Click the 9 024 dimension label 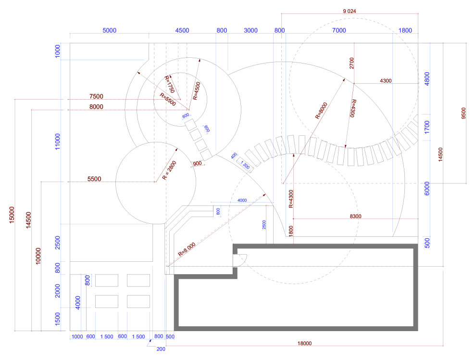(x=350, y=11)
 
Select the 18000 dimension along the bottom (x=304, y=344)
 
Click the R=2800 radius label (x=169, y=170)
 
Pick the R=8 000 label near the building (x=187, y=249)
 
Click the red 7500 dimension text (x=96, y=96)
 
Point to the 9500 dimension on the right (x=463, y=113)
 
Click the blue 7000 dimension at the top (x=339, y=30)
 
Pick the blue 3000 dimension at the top (x=251, y=30)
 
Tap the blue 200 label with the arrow (x=161, y=349)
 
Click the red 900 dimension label (x=197, y=164)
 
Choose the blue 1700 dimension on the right (x=427, y=127)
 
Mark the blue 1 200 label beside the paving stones (x=245, y=165)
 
